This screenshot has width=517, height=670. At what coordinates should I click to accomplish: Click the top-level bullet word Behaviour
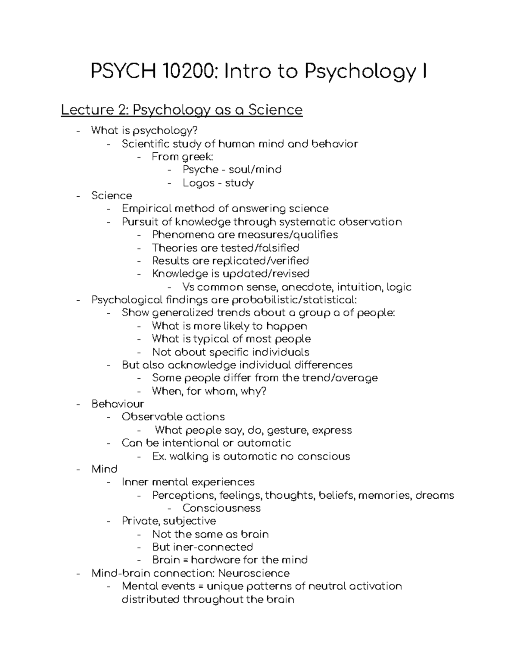click(118, 404)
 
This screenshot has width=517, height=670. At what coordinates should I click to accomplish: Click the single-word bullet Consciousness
click(221, 508)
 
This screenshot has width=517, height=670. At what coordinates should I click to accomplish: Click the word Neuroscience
click(254, 573)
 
